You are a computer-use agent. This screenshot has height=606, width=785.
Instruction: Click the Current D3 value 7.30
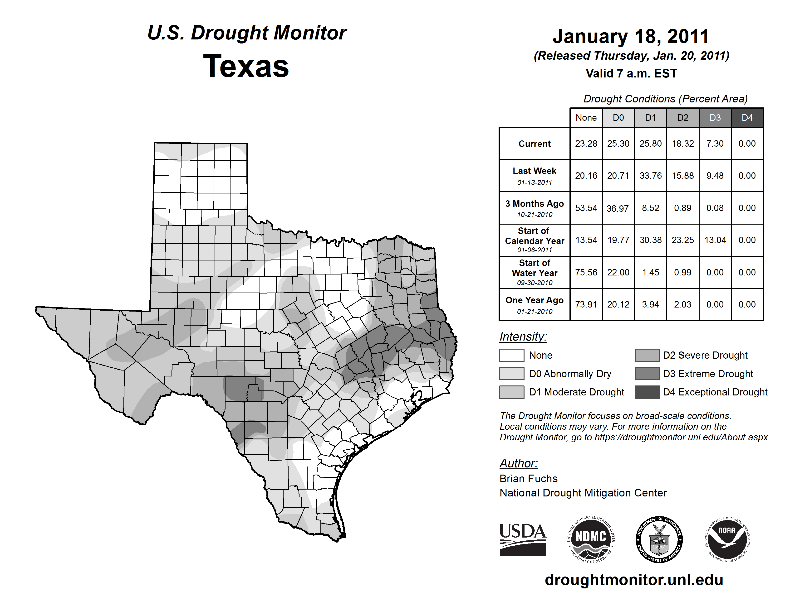point(715,144)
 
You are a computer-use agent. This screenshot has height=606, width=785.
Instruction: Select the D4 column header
point(747,118)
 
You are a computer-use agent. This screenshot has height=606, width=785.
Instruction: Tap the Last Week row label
point(535,176)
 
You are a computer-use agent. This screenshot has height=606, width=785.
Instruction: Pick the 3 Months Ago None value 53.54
point(586,208)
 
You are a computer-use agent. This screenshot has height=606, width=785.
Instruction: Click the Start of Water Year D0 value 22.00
point(618,273)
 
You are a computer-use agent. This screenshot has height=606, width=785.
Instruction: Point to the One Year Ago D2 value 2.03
point(682,304)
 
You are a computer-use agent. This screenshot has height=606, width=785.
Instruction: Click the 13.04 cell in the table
point(715,240)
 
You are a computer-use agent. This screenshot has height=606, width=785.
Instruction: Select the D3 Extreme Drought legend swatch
point(647,374)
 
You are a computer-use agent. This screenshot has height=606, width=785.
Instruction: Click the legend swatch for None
point(511,355)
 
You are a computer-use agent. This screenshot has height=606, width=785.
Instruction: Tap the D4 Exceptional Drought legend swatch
point(647,392)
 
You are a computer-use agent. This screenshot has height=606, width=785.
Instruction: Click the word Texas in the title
point(246,66)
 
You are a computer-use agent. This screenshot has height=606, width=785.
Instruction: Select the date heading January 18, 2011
point(631,37)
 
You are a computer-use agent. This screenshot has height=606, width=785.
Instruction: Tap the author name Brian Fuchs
point(528,479)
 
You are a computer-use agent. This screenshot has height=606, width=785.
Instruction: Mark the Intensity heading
point(523,337)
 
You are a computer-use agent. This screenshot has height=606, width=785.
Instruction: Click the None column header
point(586,118)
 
